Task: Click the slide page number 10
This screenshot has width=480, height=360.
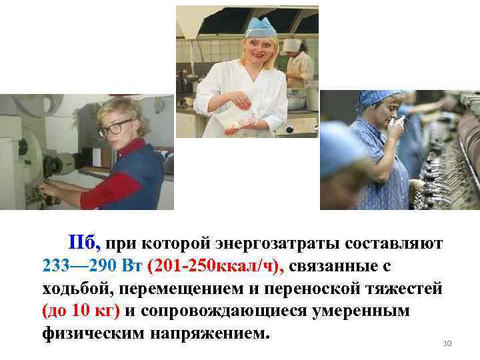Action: tap(447, 343)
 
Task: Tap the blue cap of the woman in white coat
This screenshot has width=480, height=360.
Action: tap(261, 27)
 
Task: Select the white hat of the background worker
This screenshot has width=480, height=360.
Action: tap(291, 45)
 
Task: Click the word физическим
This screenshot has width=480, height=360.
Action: tap(99, 333)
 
